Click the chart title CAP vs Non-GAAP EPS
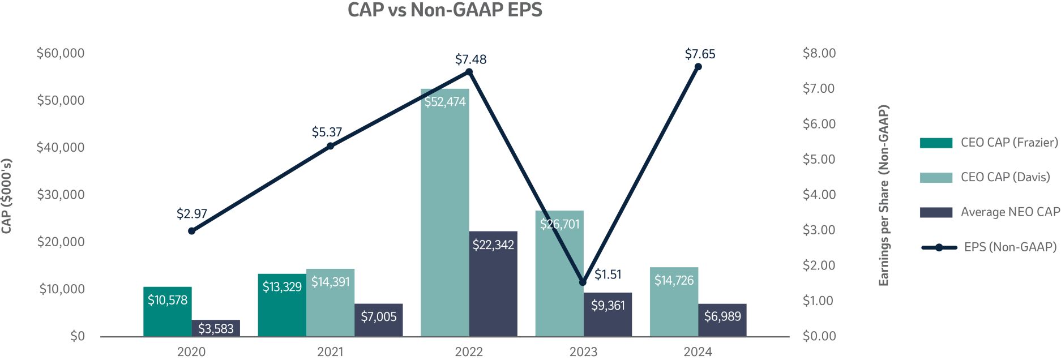[x=444, y=10]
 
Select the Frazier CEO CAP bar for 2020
[x=167, y=311]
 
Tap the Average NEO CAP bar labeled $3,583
[x=216, y=328]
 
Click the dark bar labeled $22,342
[x=493, y=283]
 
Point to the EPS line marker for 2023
[x=583, y=282]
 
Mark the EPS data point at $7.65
[x=698, y=67]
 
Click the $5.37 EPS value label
[x=327, y=132]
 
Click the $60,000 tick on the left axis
[x=61, y=53]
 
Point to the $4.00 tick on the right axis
[x=819, y=195]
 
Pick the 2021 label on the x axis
[x=330, y=352]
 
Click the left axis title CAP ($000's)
[x=7, y=195]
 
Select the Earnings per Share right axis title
[x=883, y=195]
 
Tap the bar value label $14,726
[x=674, y=280]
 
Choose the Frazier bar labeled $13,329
[x=282, y=306]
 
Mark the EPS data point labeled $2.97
[x=192, y=231]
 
